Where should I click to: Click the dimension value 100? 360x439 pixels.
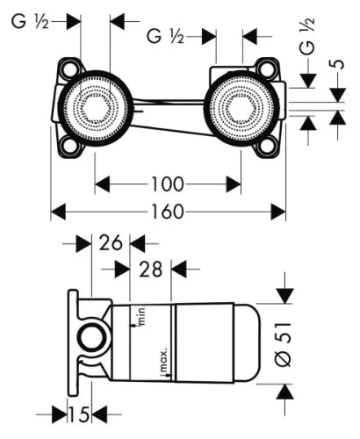[x=168, y=184]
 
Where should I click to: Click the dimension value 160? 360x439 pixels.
[x=168, y=212]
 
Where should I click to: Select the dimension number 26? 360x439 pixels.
[x=111, y=243]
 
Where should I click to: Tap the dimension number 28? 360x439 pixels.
[x=150, y=270]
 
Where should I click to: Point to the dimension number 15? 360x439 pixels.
[x=79, y=414]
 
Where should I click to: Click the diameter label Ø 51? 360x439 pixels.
[x=284, y=344]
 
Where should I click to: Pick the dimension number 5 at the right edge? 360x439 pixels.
[x=338, y=64]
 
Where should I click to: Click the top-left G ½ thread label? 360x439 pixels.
[x=30, y=21]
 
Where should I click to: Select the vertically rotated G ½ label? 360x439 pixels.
[x=306, y=37]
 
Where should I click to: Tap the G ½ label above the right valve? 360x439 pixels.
[x=165, y=37]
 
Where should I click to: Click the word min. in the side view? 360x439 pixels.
[x=142, y=316]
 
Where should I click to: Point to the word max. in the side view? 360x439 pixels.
[x=163, y=360]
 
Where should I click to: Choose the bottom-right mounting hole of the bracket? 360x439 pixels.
[x=267, y=146]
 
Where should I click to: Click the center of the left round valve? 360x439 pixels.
[x=95, y=108]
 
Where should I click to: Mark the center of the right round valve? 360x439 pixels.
[x=241, y=108]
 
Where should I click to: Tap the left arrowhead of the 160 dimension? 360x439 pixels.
[x=58, y=212]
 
